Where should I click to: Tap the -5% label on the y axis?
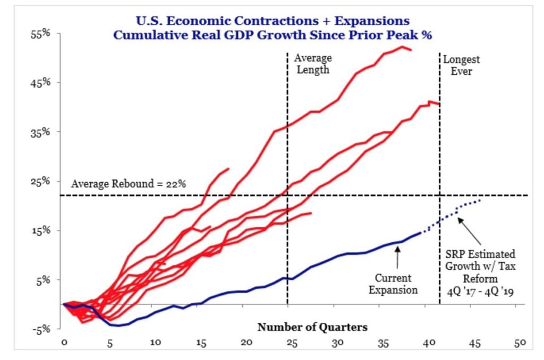point(42,329)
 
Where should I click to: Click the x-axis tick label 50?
point(520,343)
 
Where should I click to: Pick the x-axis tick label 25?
point(291,343)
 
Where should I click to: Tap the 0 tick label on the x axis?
point(64,343)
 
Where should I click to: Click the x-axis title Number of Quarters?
point(312,327)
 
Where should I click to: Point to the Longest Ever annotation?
point(462,64)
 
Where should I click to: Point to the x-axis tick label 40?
point(428,343)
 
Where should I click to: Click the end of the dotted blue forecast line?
point(481,200)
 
